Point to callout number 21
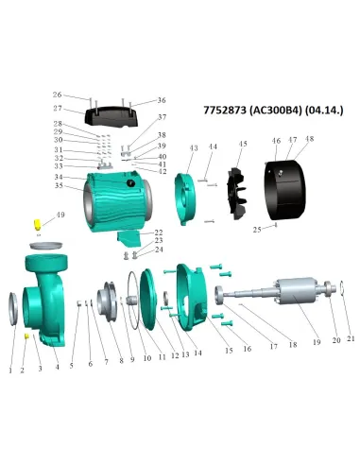pyautogui.click(x=351, y=338)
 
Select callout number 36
pyautogui.click(x=162, y=100)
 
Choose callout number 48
pyautogui.click(x=309, y=140)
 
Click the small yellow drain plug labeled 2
pyautogui.click(x=27, y=336)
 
